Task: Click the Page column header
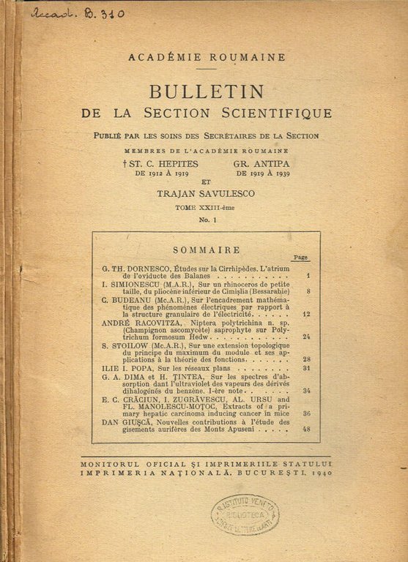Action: pyautogui.click(x=300, y=258)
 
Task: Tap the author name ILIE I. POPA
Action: pyautogui.click(x=125, y=368)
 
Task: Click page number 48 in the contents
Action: pyautogui.click(x=305, y=429)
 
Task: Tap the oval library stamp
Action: pyautogui.click(x=245, y=514)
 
